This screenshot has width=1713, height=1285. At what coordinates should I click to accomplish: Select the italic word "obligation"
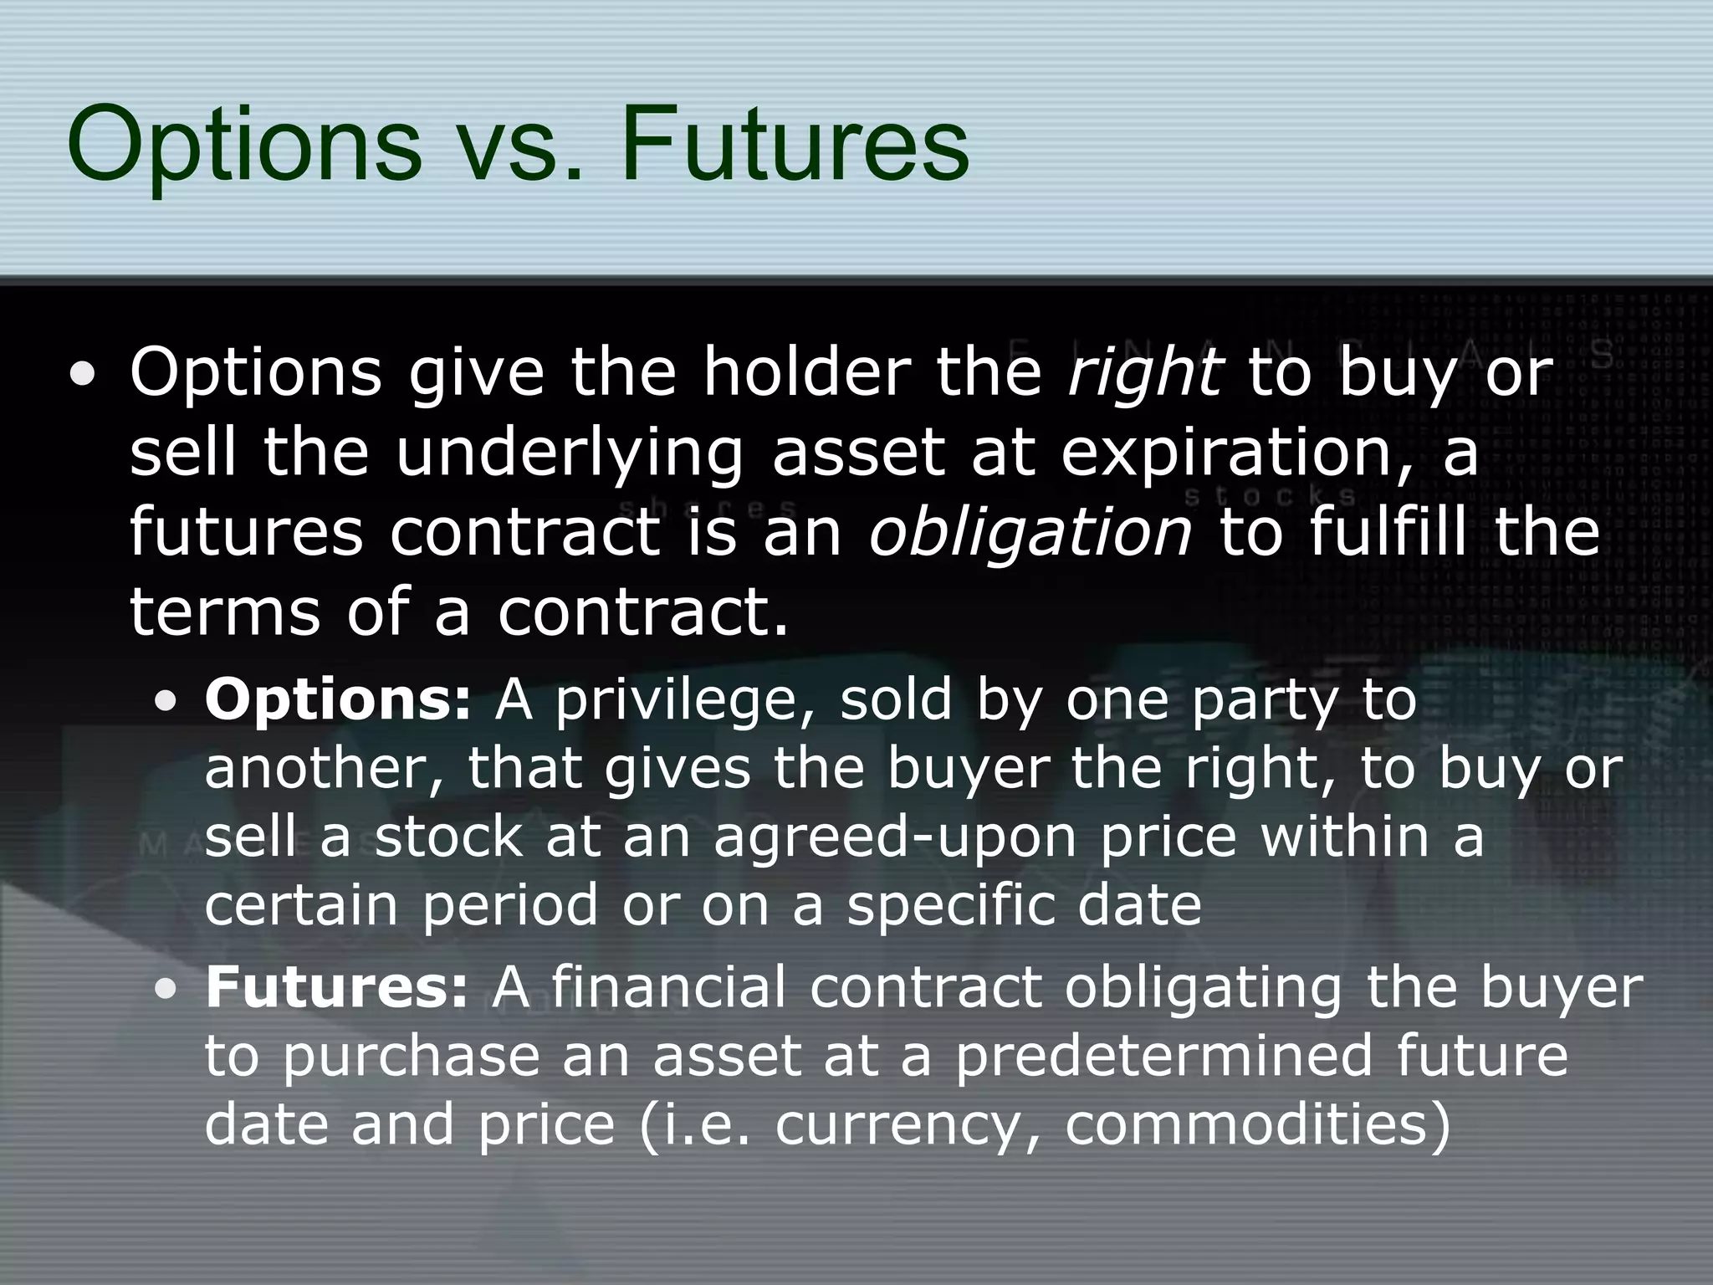[1030, 531]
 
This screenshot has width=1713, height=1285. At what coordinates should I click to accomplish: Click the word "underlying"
[568, 453]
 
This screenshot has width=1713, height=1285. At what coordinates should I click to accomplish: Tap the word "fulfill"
[1388, 531]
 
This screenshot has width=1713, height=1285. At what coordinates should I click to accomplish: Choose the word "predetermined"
[1163, 1055]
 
